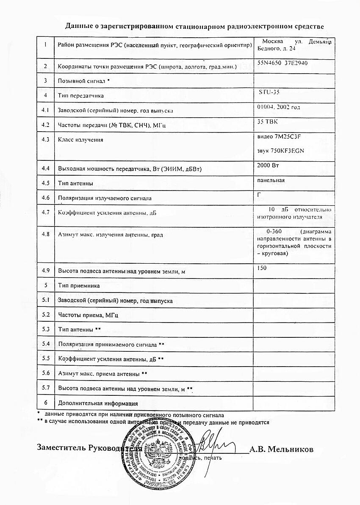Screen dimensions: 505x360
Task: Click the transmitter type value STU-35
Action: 269,92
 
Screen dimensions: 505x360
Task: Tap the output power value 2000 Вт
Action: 269,165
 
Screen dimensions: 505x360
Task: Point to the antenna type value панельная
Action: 271,180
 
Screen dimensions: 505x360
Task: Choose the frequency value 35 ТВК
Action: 268,121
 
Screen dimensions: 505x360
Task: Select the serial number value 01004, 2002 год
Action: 279,107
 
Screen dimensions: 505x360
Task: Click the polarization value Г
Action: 259,194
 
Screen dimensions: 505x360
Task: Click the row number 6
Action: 45,403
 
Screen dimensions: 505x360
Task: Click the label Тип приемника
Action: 79,286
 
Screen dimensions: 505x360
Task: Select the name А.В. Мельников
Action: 281,449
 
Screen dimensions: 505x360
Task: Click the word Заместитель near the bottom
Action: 61,447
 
